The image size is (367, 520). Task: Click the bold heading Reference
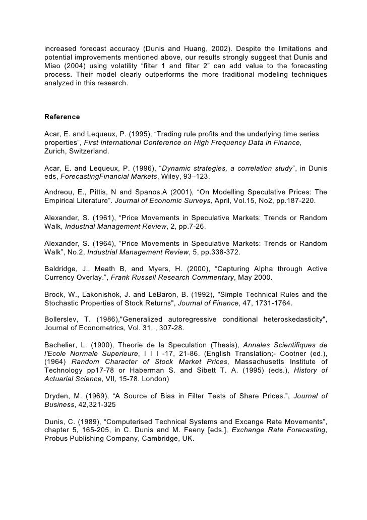(x=62, y=117)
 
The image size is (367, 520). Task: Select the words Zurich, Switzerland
(x=77, y=151)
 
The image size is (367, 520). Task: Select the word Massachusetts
(x=252, y=362)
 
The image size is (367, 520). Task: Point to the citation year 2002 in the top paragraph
(x=213, y=49)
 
